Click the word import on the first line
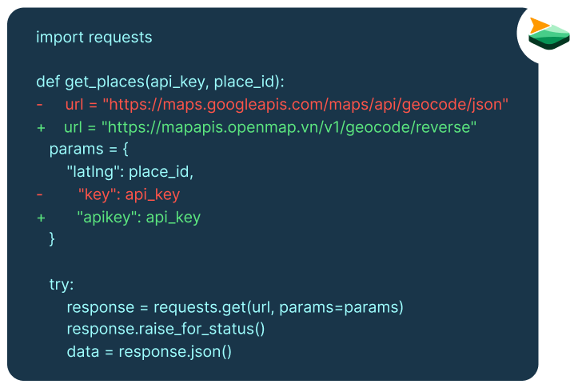point(60,38)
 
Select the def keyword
point(48,82)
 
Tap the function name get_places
point(105,82)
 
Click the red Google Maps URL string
point(305,105)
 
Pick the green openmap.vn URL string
point(289,127)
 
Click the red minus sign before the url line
point(40,105)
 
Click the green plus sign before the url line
point(41,128)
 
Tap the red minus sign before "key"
point(40,194)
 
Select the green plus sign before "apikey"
point(41,218)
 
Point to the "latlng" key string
point(95,172)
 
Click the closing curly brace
point(52,238)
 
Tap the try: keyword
point(62,285)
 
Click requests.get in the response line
point(200,308)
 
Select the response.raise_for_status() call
point(165,330)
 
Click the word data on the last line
point(83,352)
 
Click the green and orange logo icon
point(548,34)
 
